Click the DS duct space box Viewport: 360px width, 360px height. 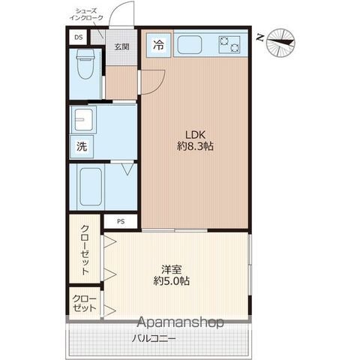click(79, 37)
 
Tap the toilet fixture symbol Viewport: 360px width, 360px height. click(85, 64)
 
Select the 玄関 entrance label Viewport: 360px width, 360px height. click(121, 46)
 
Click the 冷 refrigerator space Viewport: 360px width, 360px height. click(159, 45)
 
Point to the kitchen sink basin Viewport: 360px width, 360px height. click(190, 44)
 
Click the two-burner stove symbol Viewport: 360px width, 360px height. click(229, 44)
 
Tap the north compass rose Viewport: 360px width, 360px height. click(280, 43)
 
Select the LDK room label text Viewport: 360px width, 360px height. click(195, 135)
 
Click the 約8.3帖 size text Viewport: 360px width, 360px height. click(195, 146)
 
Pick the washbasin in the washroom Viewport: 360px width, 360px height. click(84, 119)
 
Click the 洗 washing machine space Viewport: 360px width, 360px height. click(82, 146)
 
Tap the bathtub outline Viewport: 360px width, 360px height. click(91, 187)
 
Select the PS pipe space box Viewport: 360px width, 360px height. click(121, 221)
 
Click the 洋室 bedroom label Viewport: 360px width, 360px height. click(171, 270)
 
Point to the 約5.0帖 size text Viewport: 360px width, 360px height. click(171, 281)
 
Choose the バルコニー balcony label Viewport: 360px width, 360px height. click(154, 339)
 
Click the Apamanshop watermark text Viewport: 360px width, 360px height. click(180, 322)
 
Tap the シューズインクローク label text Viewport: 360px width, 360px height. click(86, 14)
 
